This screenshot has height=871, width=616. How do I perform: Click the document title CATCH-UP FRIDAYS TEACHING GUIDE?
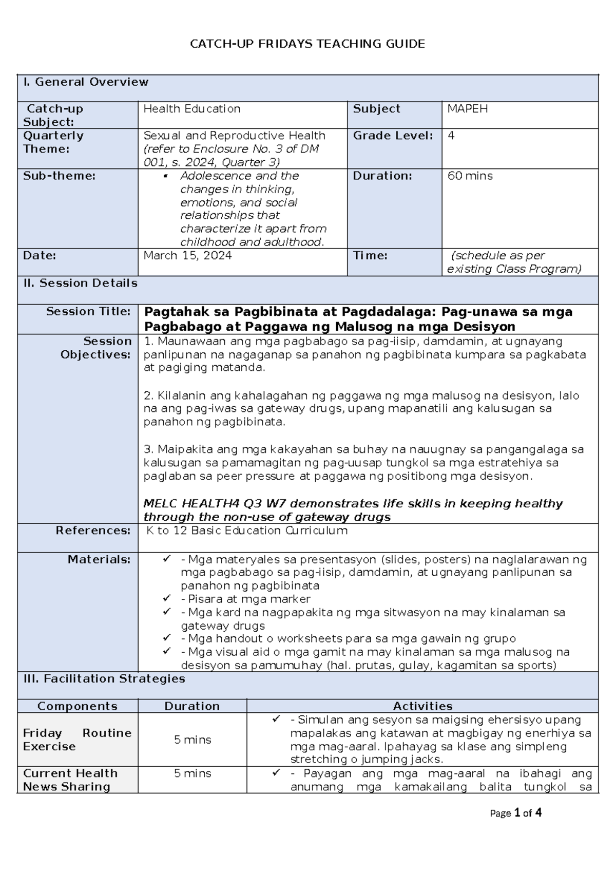click(307, 44)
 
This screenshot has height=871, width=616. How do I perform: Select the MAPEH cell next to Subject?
click(467, 109)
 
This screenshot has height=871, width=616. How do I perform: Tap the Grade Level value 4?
click(451, 136)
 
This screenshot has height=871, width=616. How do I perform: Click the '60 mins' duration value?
click(470, 176)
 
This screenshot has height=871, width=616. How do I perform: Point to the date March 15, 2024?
click(187, 255)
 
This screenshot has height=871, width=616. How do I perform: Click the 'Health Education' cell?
click(192, 109)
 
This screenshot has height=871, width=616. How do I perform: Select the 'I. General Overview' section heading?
click(86, 82)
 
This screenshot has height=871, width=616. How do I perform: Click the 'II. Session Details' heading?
click(80, 283)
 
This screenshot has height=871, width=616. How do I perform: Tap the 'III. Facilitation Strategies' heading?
click(104, 678)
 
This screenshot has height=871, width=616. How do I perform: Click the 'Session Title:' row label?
click(88, 311)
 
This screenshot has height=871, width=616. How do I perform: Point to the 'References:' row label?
click(93, 531)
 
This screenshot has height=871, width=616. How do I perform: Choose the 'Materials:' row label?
click(99, 559)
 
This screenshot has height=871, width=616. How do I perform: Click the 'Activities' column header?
click(422, 706)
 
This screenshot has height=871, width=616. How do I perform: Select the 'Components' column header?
click(78, 706)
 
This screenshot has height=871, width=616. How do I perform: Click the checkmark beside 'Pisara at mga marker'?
click(166, 598)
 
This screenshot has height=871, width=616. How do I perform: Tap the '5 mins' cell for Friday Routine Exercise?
click(192, 740)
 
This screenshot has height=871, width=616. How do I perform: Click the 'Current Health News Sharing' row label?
click(70, 780)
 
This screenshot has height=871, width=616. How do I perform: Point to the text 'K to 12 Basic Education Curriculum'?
click(247, 531)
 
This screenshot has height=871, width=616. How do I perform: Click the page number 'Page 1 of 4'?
click(515, 813)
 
